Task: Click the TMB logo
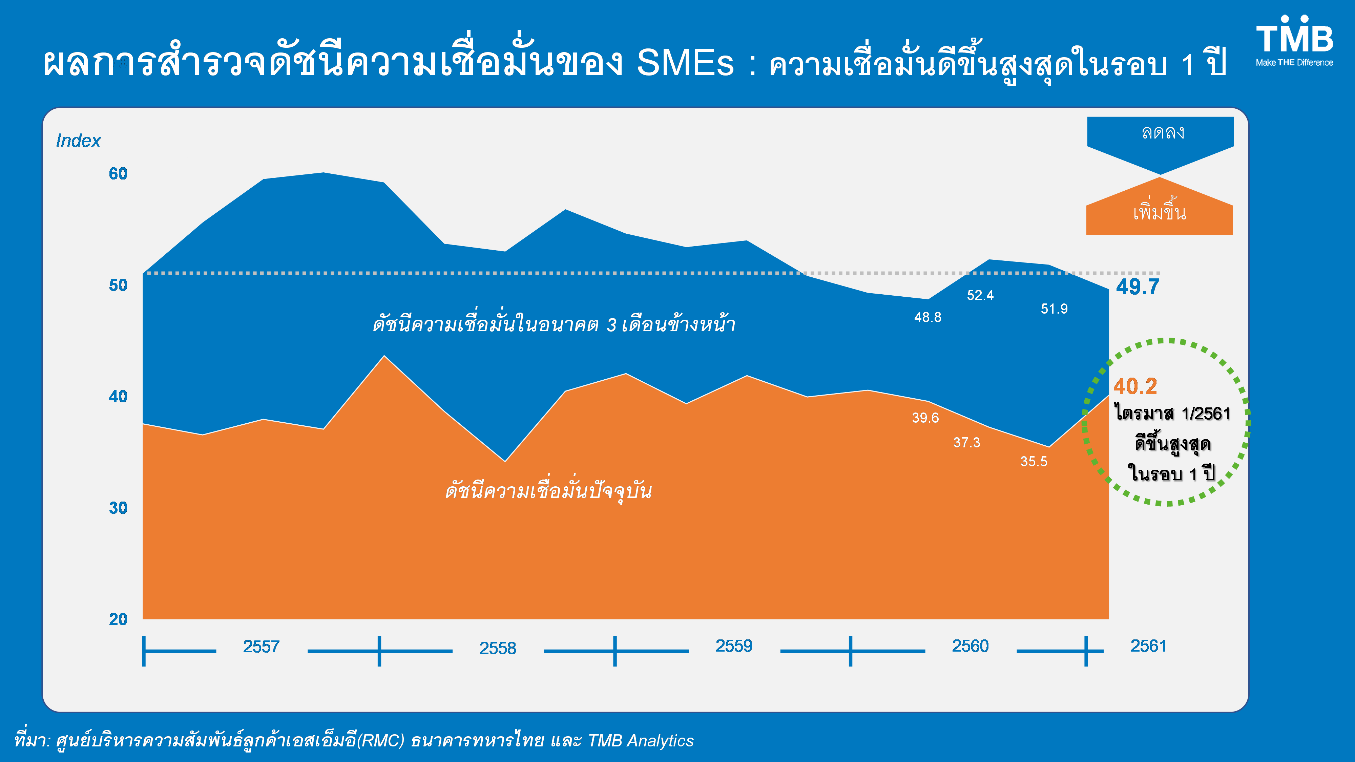click(1294, 41)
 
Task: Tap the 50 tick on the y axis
click(118, 285)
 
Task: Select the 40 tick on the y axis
click(118, 397)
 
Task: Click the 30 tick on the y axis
click(118, 508)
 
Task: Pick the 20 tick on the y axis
click(118, 619)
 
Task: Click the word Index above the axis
click(78, 141)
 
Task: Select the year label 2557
click(261, 646)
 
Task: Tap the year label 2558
click(498, 648)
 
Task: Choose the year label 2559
click(734, 646)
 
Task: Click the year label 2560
click(971, 646)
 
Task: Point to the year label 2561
click(1148, 646)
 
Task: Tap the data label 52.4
click(980, 296)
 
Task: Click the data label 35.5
click(1034, 462)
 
